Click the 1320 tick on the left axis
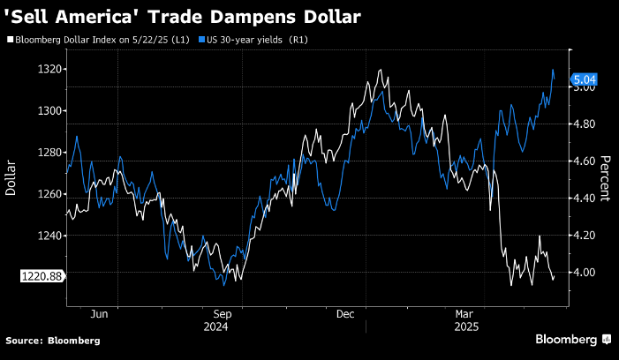point(49,69)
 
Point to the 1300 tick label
point(49,110)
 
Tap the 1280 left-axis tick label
point(49,153)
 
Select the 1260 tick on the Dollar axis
point(49,194)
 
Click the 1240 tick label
point(49,236)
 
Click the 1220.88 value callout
point(42,276)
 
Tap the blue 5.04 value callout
point(585,79)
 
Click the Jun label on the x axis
point(99,314)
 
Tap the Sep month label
point(223,314)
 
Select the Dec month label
point(345,314)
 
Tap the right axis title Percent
point(606,179)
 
